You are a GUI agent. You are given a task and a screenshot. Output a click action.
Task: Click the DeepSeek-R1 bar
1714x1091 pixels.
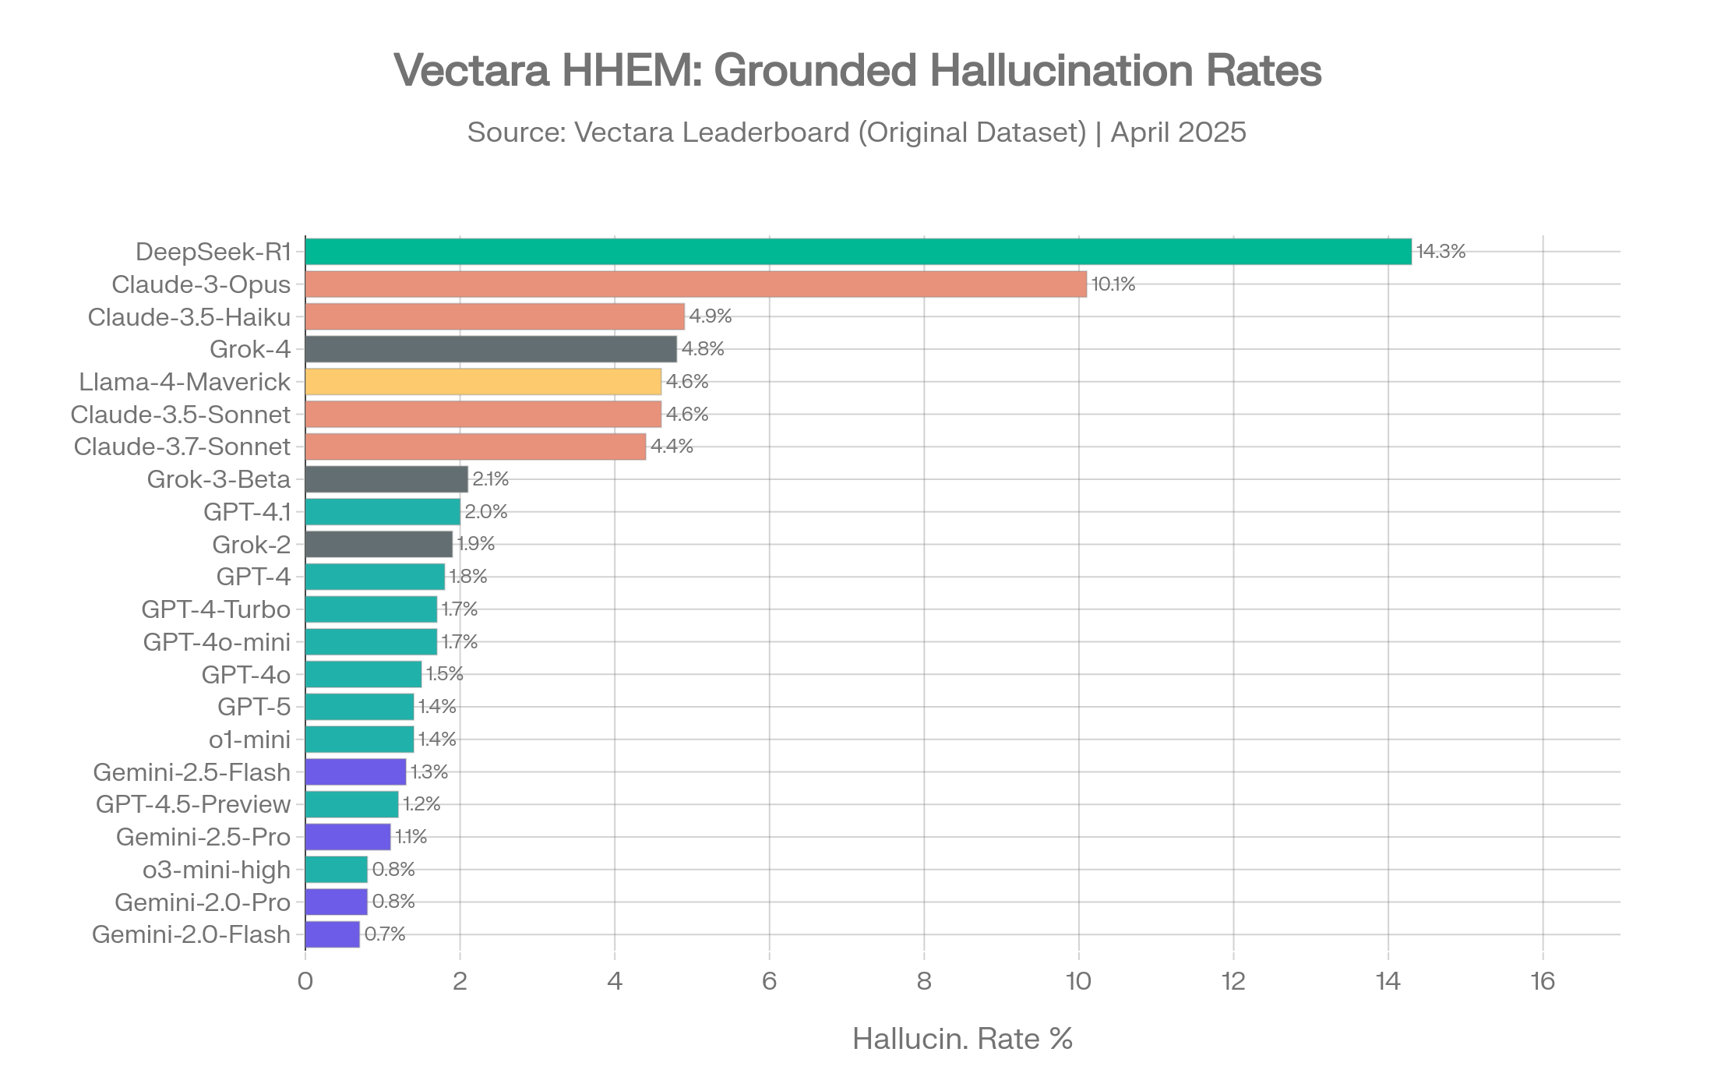(857, 252)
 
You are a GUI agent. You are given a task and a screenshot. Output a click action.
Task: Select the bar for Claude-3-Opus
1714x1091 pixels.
(696, 284)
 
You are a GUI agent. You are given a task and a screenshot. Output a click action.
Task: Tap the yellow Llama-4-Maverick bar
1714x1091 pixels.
(483, 382)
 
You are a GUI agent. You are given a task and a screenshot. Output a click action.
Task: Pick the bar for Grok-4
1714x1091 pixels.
(491, 349)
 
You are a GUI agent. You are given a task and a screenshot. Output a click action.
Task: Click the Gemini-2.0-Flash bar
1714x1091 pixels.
(333, 934)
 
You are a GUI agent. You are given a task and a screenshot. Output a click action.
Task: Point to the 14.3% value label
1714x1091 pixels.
(1441, 252)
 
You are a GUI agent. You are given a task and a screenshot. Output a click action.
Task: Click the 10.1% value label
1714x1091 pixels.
(1113, 284)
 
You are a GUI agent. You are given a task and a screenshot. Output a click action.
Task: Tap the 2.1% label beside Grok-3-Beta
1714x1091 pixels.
(490, 479)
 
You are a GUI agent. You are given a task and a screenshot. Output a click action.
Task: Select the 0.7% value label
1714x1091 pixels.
(385, 934)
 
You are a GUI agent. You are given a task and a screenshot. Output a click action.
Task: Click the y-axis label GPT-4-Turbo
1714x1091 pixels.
(216, 609)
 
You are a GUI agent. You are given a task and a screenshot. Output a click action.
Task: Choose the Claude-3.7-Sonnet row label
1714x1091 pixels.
(182, 447)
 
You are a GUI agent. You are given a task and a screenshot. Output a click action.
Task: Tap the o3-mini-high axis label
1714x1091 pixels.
(217, 870)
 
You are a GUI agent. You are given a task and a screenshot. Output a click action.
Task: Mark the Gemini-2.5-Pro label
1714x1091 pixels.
(203, 837)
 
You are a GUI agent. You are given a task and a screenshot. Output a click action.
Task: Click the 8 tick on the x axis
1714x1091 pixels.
(924, 981)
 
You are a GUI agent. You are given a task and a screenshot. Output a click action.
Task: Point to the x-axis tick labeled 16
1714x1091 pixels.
(1543, 981)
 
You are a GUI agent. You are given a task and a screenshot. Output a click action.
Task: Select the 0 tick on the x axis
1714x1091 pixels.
(305, 981)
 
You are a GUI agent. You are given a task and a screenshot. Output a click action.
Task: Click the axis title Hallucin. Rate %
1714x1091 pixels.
(962, 1039)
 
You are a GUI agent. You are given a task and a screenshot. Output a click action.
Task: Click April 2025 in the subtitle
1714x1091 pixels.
(1178, 132)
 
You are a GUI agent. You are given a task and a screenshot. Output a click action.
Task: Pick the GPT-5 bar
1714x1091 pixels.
(359, 707)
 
